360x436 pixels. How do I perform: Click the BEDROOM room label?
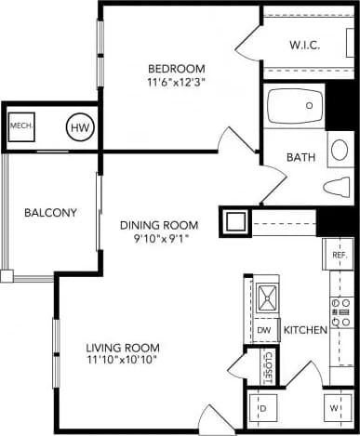click(176, 69)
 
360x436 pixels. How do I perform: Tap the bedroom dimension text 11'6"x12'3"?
click(176, 83)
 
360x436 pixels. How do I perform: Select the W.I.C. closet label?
click(304, 45)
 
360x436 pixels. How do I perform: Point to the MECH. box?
click(21, 126)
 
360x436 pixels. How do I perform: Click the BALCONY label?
click(49, 212)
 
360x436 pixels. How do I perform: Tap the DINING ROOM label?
click(159, 225)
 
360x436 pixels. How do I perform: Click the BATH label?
click(300, 158)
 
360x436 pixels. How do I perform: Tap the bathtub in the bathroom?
click(295, 107)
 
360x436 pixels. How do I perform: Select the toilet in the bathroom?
click(337, 187)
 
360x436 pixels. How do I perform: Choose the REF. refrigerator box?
click(340, 254)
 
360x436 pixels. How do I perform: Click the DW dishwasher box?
click(263, 329)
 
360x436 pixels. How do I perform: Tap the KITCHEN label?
click(303, 329)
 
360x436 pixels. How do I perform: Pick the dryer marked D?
click(261, 407)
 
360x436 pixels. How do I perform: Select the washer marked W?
click(333, 407)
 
